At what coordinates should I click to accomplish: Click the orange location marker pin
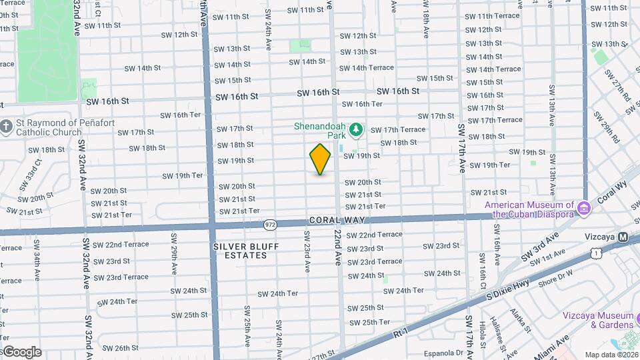click(320, 159)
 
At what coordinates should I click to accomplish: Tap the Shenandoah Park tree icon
click(357, 127)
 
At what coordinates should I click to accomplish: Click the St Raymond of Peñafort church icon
click(6, 127)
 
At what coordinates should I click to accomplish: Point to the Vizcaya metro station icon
click(623, 237)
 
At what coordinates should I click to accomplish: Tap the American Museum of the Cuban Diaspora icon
click(584, 209)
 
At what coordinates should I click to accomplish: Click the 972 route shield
click(269, 225)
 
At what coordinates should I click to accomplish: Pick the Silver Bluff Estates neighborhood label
click(240, 251)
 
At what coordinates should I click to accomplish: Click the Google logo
click(21, 351)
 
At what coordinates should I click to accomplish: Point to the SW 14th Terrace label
click(494, 69)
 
